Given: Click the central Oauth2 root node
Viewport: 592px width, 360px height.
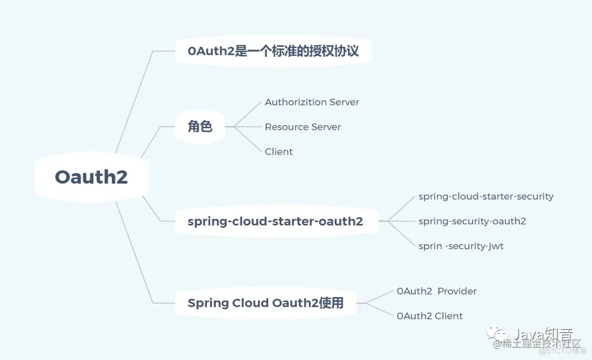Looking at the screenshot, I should tap(92, 177).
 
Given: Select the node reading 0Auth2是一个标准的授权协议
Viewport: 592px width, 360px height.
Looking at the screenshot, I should tap(273, 51).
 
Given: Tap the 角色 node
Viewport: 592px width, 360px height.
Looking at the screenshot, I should tap(200, 127).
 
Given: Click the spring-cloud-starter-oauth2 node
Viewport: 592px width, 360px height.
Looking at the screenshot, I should tap(275, 222).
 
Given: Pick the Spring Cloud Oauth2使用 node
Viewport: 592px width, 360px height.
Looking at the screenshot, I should tap(265, 303).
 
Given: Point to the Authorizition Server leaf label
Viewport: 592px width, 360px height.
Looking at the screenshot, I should tap(312, 102).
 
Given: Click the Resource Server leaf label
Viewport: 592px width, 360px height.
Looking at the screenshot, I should tap(303, 127).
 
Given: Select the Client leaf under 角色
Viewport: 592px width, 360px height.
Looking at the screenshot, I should tap(279, 152).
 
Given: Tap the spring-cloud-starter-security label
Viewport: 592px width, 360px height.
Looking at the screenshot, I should tap(486, 196).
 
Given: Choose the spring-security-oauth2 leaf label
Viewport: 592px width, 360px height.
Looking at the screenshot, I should tap(472, 221).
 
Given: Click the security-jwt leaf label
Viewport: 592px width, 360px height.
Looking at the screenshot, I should tap(461, 246).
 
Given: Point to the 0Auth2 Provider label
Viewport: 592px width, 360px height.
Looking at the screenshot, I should tap(436, 291).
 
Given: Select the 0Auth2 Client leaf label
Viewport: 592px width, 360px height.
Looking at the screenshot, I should tap(430, 316).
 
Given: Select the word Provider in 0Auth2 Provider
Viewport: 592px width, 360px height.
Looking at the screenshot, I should tap(457, 291).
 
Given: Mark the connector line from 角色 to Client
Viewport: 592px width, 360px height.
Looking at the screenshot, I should tap(249, 139).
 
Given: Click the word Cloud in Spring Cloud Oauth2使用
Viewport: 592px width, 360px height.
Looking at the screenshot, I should tap(249, 303).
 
